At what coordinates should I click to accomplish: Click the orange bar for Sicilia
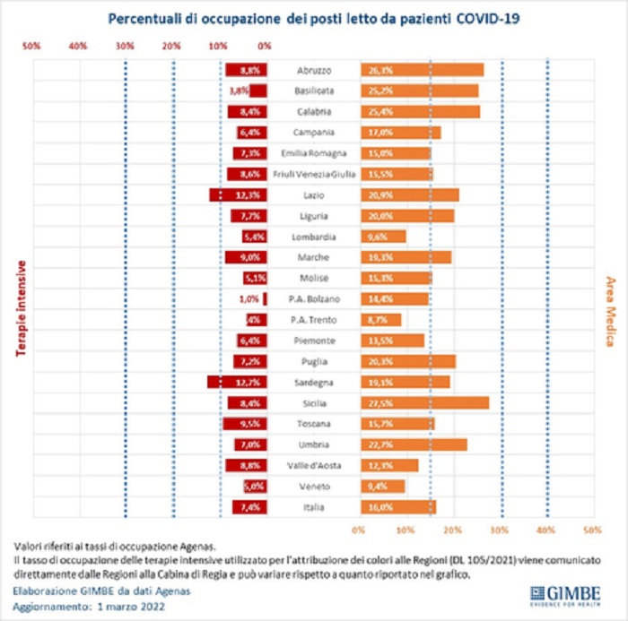coord(425,403)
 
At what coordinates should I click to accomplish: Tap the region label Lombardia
coord(315,237)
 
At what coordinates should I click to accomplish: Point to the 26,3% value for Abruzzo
coord(381,70)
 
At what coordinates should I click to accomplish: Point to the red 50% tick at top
coord(31,45)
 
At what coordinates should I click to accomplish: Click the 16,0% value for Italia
coord(381,507)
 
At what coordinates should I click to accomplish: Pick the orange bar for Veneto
coord(383,487)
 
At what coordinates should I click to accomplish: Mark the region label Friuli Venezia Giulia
coord(315,174)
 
